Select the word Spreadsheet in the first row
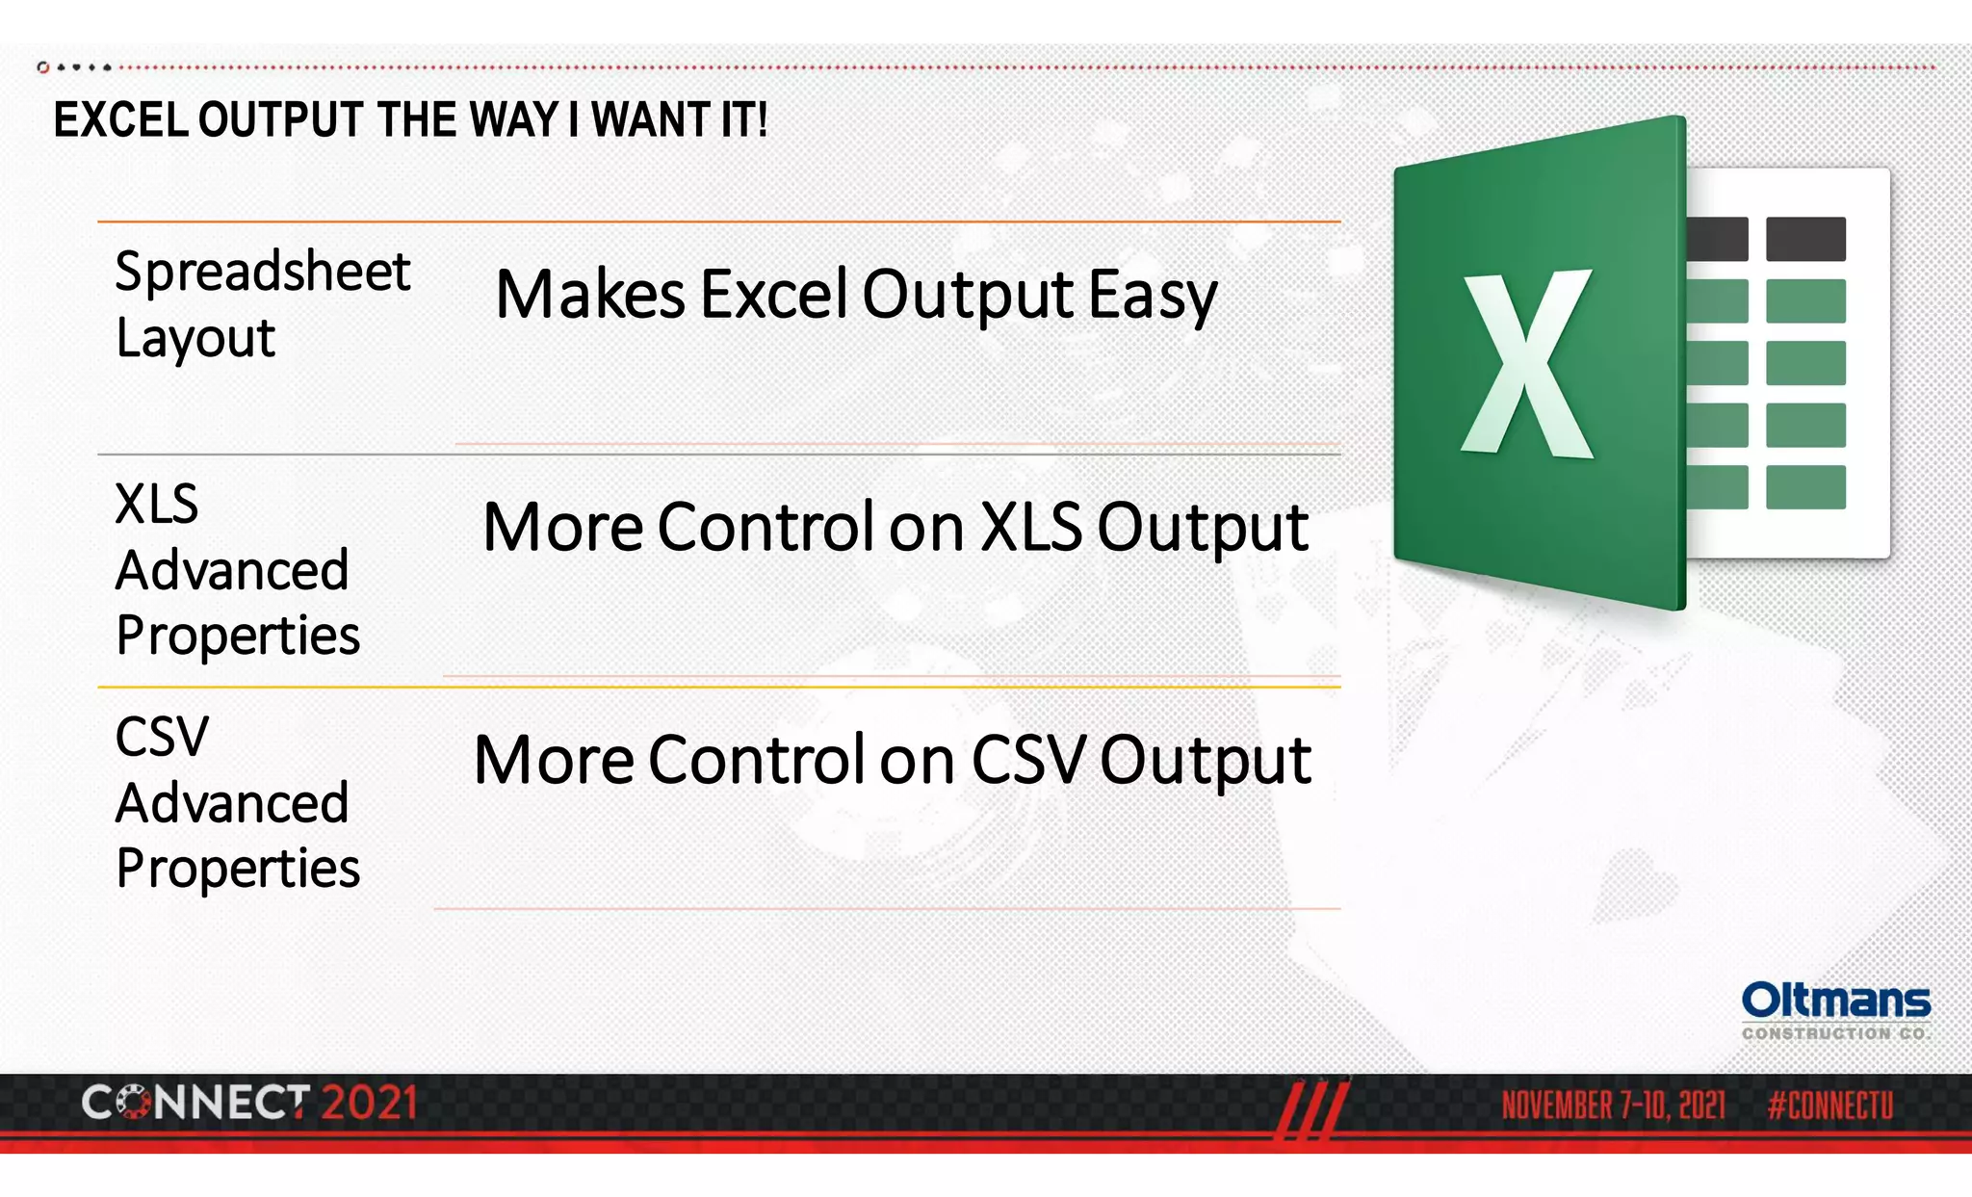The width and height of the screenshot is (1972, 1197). [263, 273]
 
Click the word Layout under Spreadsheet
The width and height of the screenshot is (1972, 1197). [195, 339]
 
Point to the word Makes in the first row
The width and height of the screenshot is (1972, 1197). [589, 295]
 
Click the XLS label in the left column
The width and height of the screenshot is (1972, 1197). [156, 504]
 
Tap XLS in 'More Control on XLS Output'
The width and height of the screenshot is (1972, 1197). [1030, 528]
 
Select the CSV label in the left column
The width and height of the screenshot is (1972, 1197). [162, 737]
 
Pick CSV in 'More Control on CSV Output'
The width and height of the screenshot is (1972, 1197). [1026, 760]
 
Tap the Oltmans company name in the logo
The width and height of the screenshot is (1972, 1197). [1835, 1001]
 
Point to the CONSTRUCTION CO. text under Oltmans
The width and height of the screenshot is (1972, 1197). [1833, 1033]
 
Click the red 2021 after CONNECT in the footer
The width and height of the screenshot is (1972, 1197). [369, 1104]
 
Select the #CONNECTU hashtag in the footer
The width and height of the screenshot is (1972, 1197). [1829, 1106]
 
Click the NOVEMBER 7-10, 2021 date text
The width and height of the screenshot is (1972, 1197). [1613, 1106]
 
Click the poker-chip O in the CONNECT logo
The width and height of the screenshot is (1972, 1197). [134, 1104]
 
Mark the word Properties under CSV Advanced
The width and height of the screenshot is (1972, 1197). [238, 869]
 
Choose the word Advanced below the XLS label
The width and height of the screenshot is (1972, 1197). [232, 570]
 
